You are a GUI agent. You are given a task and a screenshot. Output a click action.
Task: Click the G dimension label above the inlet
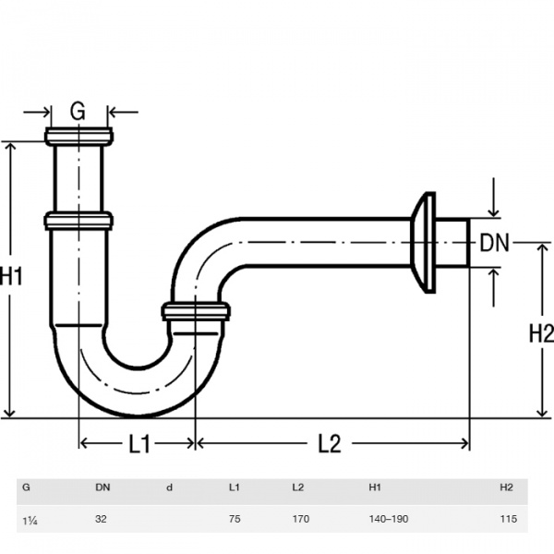pyautogui.click(x=78, y=111)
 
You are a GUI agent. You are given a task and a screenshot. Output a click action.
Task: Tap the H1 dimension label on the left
pyautogui.click(x=11, y=275)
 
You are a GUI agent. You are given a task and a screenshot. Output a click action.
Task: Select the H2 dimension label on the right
pyautogui.click(x=541, y=333)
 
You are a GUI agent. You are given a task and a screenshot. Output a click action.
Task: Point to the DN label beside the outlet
pyautogui.click(x=494, y=243)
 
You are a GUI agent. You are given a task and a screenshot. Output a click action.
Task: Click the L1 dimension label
pyautogui.click(x=139, y=444)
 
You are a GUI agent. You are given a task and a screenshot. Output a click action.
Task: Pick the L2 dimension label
pyautogui.click(x=330, y=443)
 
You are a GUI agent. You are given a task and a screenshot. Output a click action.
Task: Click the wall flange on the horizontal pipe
pyautogui.click(x=424, y=243)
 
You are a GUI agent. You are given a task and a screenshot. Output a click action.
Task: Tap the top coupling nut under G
pyautogui.click(x=78, y=137)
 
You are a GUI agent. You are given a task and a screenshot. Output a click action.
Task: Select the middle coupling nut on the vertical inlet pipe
pyautogui.click(x=78, y=221)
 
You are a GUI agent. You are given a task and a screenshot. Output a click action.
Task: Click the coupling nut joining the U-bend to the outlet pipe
pyautogui.click(x=196, y=311)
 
